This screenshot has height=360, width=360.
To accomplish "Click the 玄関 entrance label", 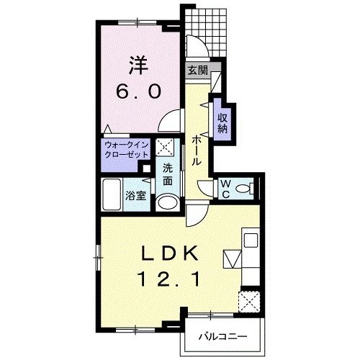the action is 197,71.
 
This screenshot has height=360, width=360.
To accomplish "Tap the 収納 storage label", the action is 222,123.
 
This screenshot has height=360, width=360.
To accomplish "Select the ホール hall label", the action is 197,150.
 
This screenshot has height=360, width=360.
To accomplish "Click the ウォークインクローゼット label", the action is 127,150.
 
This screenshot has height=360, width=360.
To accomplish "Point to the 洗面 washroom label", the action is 168,174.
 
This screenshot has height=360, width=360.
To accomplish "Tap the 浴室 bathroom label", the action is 136,196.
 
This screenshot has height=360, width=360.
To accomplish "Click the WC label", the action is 225,189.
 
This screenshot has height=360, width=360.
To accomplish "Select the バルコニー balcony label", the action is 222,337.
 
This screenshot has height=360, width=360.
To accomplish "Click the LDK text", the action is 170,253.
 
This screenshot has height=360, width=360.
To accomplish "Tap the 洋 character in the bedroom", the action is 138,65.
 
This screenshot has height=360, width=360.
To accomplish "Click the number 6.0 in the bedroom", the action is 138,91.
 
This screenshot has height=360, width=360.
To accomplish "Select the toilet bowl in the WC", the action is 244,189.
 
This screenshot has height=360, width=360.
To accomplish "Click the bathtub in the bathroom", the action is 112,194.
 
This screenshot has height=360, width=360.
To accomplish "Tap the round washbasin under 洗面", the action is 167,202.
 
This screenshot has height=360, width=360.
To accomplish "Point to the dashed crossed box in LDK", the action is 249,302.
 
